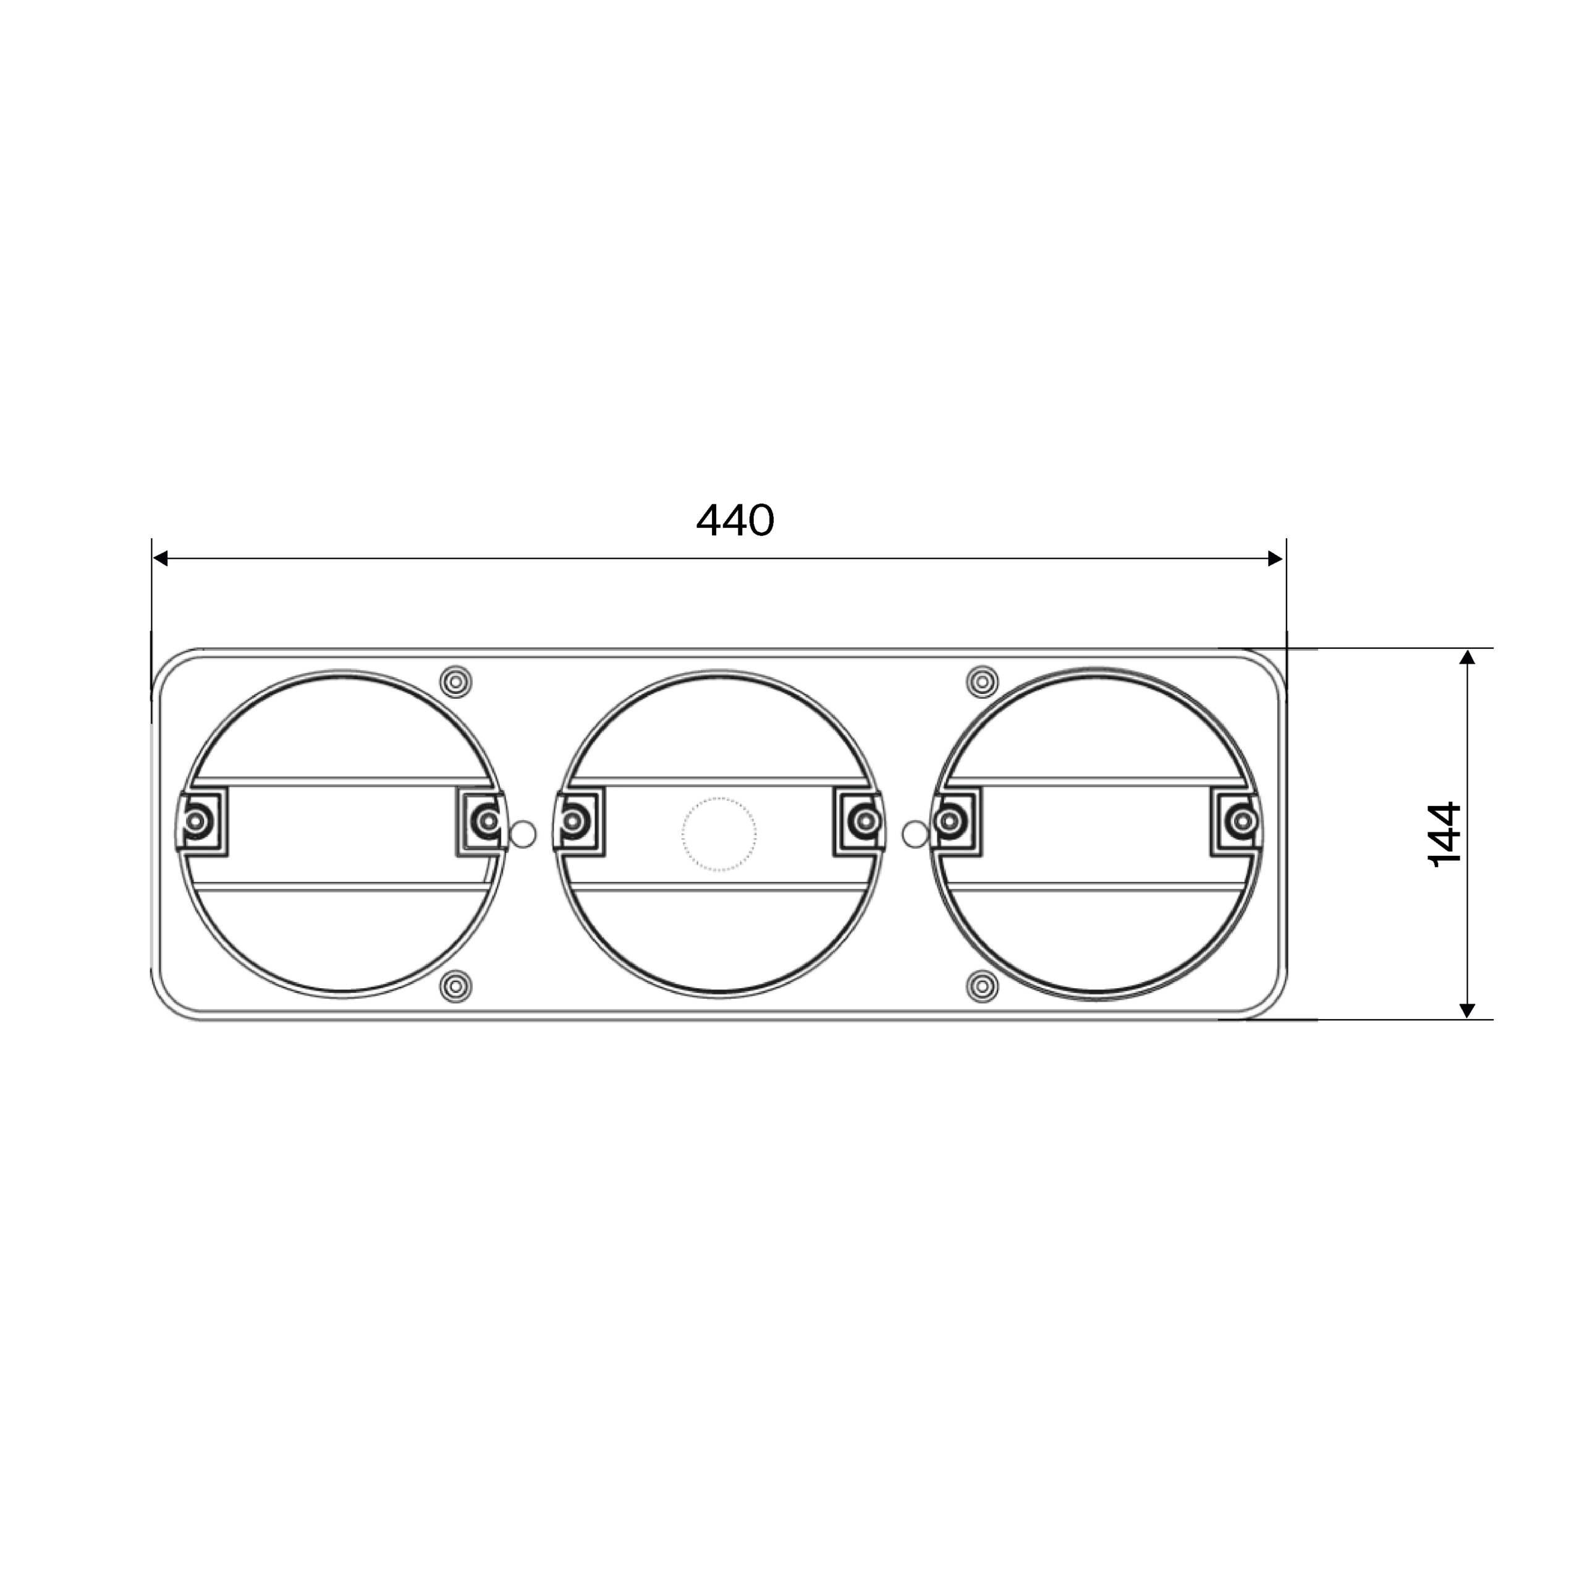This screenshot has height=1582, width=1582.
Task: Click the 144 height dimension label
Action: [x=1444, y=834]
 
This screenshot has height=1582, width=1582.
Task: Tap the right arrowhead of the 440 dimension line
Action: [x=1275, y=559]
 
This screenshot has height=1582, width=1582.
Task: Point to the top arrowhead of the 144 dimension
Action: [x=1467, y=657]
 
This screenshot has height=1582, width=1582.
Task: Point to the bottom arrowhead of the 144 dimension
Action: [x=1467, y=1010]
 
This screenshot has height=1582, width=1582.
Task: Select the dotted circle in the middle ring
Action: [x=719, y=834]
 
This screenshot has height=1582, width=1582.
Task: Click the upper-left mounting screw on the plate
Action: [x=456, y=681]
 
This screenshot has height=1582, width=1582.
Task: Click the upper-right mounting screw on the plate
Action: [x=983, y=681]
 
